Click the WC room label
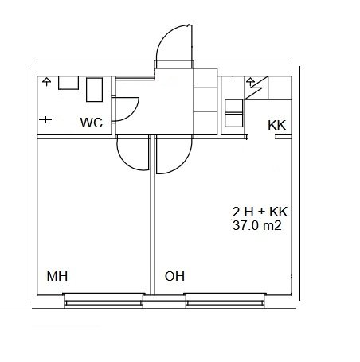[x=92, y=123]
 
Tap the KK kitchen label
[x=277, y=125]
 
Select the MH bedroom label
[x=57, y=276]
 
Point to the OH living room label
[x=174, y=276]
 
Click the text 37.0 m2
[x=257, y=225]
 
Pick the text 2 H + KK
[x=260, y=212]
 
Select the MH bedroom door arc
[x=125, y=162]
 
